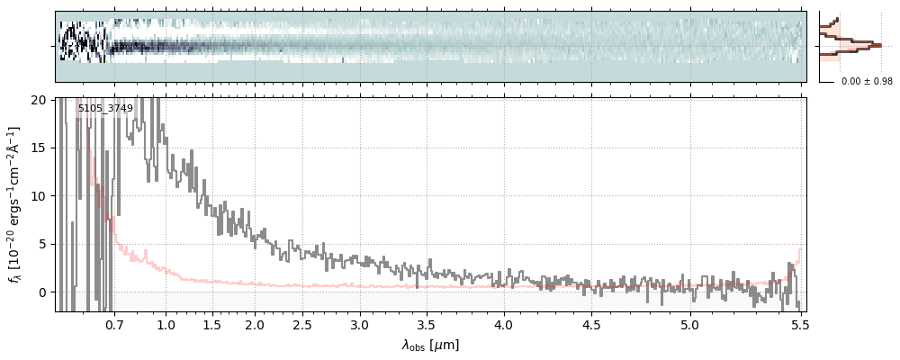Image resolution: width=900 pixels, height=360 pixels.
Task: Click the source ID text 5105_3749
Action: (105, 109)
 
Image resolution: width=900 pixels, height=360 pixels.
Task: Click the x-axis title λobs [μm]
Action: (430, 345)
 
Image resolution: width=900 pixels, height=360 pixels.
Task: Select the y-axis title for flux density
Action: (15, 205)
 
